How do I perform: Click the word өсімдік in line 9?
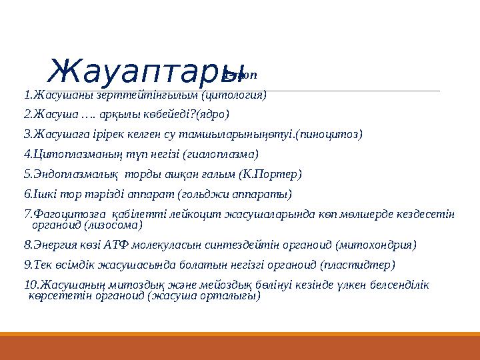point(69,265)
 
